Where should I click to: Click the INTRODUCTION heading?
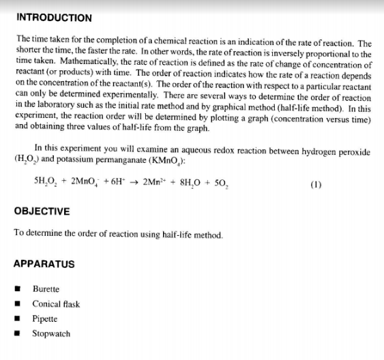point(53,17)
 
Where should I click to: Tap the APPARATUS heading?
point(44,264)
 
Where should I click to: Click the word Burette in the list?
point(46,289)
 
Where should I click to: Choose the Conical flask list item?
point(56,304)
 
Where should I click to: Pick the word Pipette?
point(45,318)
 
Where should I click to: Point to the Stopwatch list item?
point(51,333)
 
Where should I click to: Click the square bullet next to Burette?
point(22,290)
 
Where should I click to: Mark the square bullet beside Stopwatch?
point(22,334)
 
